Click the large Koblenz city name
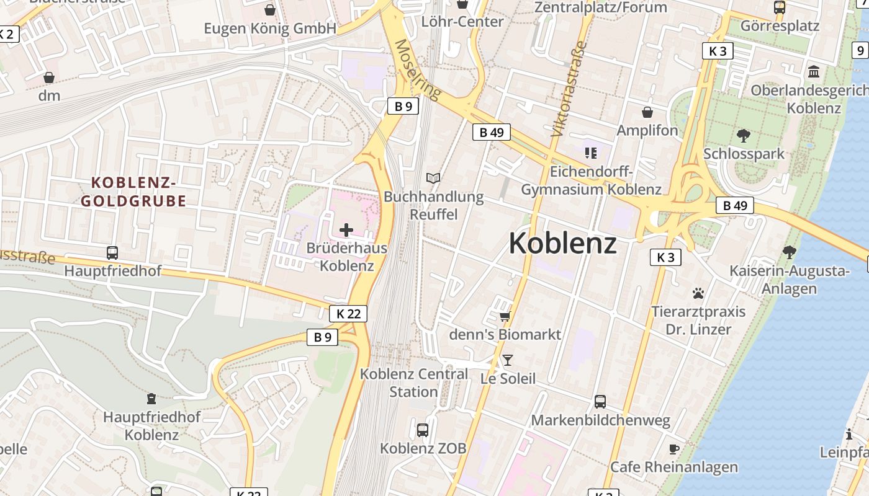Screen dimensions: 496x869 [562, 244]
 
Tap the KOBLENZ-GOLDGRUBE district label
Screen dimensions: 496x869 [133, 192]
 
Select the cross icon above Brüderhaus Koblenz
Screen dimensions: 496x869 [346, 231]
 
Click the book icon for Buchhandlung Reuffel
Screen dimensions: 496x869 [433, 179]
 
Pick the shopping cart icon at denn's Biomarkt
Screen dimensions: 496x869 [505, 317]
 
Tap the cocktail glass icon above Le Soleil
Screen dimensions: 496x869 [508, 360]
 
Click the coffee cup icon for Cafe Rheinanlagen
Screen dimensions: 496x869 [674, 449]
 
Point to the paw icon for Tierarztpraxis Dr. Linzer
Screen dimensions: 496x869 [698, 293]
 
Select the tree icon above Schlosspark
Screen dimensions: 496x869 [743, 135]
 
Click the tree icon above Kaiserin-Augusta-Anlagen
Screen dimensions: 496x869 [789, 252]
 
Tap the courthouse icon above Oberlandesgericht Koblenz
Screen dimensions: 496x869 [814, 72]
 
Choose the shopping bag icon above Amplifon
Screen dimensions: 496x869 [647, 112]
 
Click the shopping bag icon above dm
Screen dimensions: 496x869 [49, 77]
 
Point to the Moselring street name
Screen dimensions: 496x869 [418, 70]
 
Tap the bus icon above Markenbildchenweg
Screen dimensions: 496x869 [600, 401]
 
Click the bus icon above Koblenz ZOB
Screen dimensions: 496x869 [423, 430]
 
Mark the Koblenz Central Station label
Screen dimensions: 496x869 [414, 383]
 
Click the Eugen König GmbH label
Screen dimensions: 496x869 [270, 29]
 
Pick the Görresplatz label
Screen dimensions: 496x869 [780, 26]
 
